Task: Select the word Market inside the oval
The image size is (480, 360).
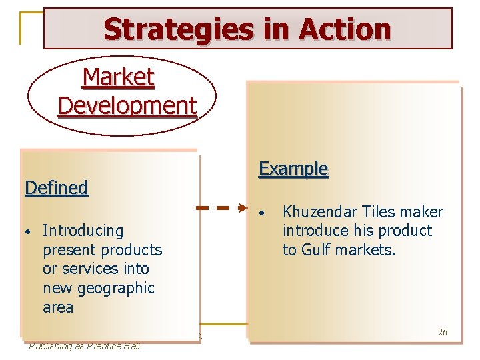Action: (x=119, y=78)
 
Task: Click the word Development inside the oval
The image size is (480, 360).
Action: (x=127, y=105)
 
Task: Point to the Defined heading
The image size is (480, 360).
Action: (x=56, y=188)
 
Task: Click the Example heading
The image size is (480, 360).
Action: (x=293, y=169)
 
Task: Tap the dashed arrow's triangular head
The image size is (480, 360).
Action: (x=243, y=208)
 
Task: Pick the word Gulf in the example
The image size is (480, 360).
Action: (x=317, y=250)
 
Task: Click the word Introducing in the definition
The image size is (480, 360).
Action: (x=83, y=231)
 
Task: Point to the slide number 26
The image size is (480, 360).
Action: (x=443, y=332)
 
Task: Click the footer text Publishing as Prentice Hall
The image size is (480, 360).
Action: (x=84, y=345)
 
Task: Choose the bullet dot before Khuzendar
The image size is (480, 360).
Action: (x=264, y=213)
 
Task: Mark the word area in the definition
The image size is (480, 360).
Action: (x=57, y=308)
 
